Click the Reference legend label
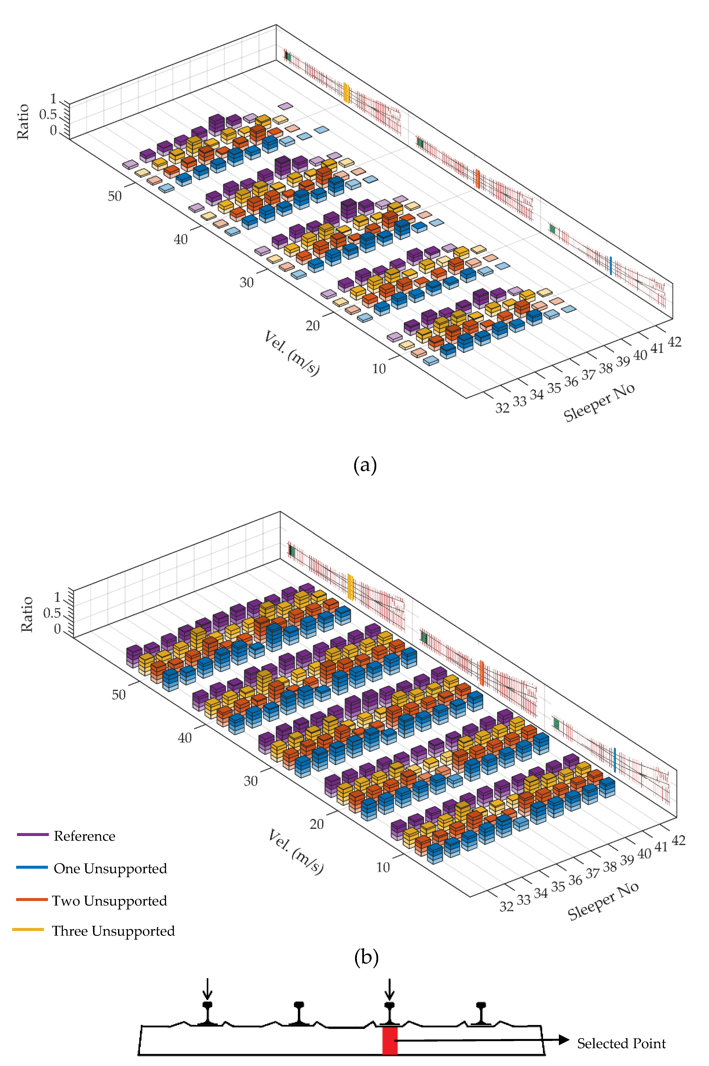tap(85, 836)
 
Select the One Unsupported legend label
tap(110, 869)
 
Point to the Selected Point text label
tap(621, 1043)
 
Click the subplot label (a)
tap(365, 465)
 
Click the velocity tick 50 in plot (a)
tap(114, 196)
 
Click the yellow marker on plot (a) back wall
tap(346, 93)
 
